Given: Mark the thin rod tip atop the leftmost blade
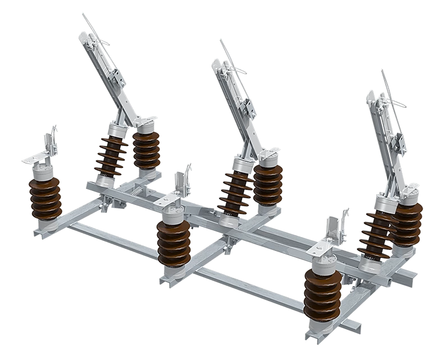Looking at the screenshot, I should coord(84,14).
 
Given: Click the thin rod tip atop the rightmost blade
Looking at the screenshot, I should coord(382,73).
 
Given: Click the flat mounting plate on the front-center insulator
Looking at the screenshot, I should coord(172,275).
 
